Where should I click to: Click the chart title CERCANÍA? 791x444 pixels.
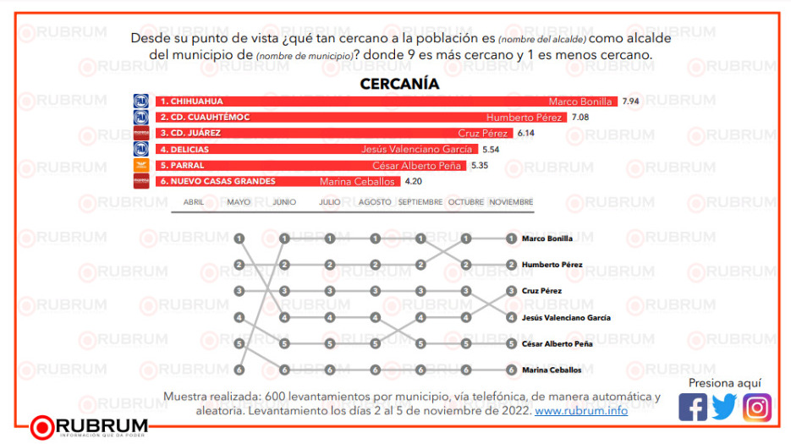(x=399, y=84)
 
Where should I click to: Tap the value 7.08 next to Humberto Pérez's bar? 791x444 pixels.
(x=580, y=117)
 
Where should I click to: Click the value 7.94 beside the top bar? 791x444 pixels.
(x=630, y=101)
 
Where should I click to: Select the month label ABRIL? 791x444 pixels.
(x=193, y=202)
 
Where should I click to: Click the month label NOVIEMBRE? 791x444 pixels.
(x=511, y=202)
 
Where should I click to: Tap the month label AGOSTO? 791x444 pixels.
(x=375, y=202)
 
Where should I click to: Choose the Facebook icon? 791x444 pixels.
(x=693, y=408)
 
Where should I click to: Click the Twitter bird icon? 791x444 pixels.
(x=724, y=408)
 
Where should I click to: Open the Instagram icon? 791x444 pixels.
(x=757, y=408)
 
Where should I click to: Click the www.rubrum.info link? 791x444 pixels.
(x=581, y=410)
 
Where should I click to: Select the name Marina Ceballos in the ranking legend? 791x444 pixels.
(x=552, y=370)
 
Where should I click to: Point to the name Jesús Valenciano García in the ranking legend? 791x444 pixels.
(x=566, y=318)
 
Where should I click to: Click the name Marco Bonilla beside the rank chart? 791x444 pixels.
(x=547, y=238)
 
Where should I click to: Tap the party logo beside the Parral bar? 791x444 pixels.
(x=141, y=165)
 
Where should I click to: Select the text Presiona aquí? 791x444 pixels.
(x=724, y=383)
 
